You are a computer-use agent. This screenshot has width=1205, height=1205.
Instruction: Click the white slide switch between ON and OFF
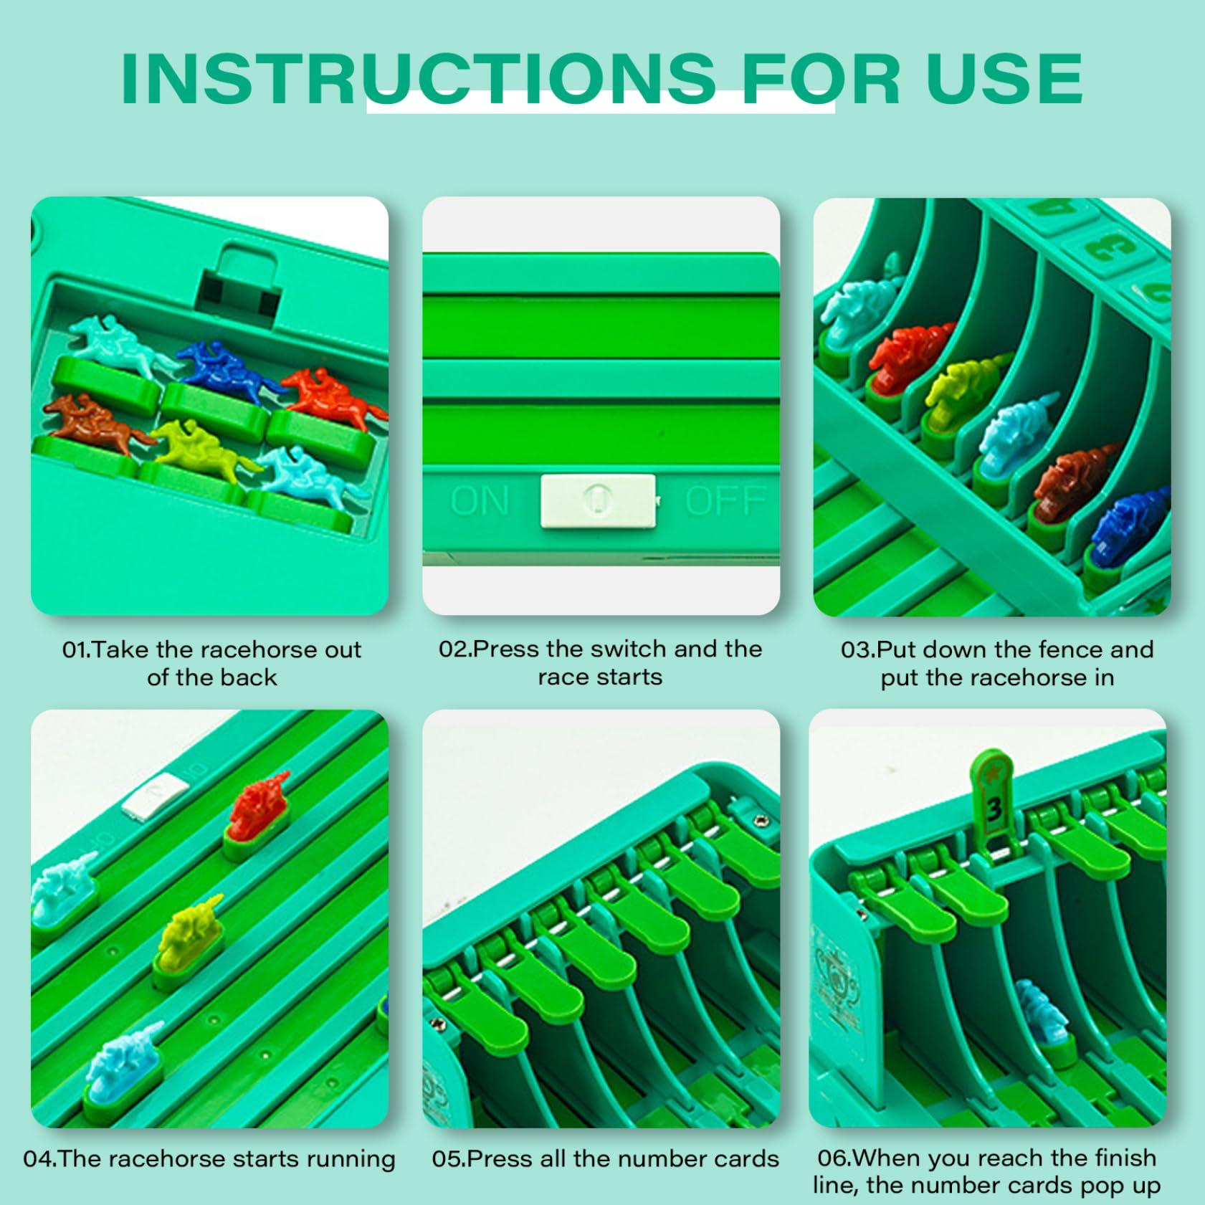tap(598, 501)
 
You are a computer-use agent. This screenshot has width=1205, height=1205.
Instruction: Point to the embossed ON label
tap(480, 500)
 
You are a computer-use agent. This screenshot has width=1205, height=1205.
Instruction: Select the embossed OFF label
tap(725, 500)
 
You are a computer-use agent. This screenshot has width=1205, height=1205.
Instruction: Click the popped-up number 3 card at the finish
tap(992, 799)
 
